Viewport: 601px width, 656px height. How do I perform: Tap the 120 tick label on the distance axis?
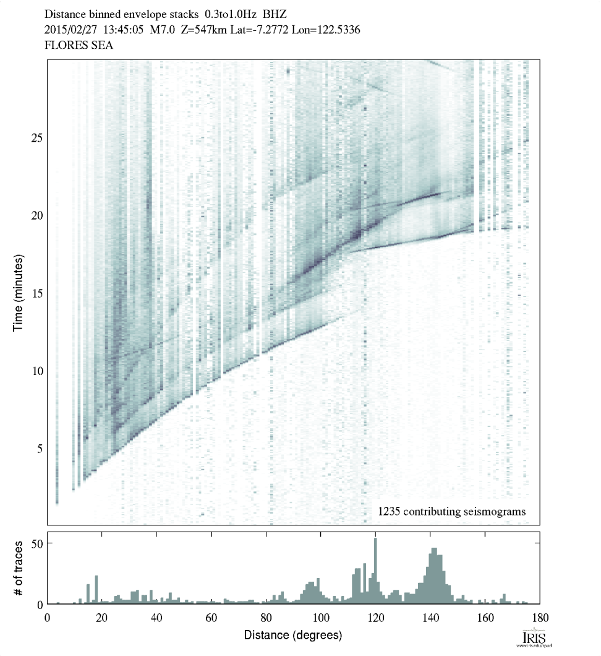pos(375,617)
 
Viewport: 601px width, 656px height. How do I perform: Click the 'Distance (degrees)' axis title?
pos(292,636)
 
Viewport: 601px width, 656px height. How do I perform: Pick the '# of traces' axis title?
pos(18,568)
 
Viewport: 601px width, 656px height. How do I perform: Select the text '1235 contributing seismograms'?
pos(451,511)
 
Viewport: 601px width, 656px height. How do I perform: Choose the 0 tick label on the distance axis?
pos(48,617)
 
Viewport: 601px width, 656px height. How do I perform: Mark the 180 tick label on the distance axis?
pos(539,617)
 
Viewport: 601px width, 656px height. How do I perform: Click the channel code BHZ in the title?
pos(276,13)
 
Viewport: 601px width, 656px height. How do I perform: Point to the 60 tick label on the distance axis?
pos(211,617)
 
